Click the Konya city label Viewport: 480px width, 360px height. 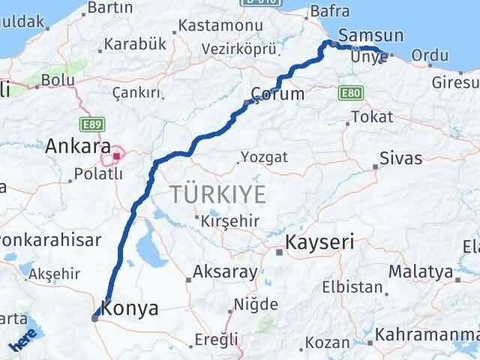point(130,308)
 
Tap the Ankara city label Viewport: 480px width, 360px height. point(78,145)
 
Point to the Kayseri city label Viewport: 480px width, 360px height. point(319,243)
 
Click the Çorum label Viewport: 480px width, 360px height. point(279,94)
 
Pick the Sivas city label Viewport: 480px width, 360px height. point(400,158)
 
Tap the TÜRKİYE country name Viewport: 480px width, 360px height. point(217,194)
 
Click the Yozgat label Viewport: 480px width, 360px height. point(262,158)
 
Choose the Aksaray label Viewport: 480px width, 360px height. point(225,271)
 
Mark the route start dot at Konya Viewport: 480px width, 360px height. point(95,318)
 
